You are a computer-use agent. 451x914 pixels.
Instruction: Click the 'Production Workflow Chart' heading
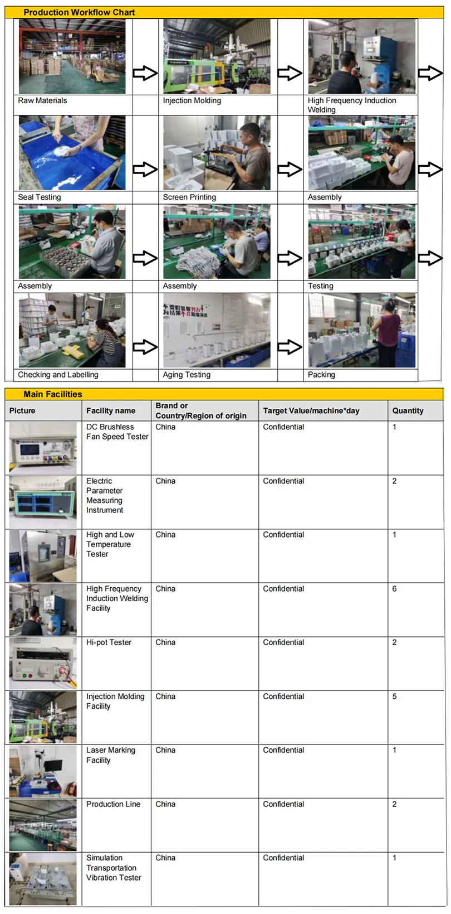(x=79, y=12)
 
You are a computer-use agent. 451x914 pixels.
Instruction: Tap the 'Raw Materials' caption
(x=42, y=101)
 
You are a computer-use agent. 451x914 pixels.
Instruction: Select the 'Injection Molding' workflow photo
(x=217, y=56)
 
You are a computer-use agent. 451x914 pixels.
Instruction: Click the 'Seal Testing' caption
(x=40, y=197)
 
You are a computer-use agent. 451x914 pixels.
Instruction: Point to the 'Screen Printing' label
(x=189, y=197)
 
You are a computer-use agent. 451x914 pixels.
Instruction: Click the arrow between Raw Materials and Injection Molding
(x=145, y=73)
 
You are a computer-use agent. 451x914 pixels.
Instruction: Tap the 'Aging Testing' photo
(x=217, y=330)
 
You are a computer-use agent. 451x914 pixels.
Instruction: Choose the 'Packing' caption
(x=321, y=375)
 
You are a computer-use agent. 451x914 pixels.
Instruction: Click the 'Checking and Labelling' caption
(x=58, y=375)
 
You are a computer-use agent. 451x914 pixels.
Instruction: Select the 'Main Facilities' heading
(x=53, y=394)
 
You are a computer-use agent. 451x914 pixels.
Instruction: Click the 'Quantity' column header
(x=408, y=411)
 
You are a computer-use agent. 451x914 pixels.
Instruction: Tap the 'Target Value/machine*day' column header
(x=311, y=411)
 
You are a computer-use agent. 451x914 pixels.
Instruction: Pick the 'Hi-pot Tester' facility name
(x=109, y=642)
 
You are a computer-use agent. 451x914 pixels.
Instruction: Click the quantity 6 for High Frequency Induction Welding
(x=394, y=589)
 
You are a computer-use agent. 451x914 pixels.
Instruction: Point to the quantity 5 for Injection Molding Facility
(x=394, y=697)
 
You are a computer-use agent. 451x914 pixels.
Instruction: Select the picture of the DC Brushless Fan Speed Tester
(x=43, y=448)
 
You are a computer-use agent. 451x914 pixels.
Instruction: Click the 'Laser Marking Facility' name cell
(x=110, y=755)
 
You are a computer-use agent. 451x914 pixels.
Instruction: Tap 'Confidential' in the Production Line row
(x=283, y=804)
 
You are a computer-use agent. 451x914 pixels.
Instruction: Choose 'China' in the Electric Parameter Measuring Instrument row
(x=165, y=481)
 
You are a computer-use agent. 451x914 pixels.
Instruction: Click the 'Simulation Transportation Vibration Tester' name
(x=114, y=868)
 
